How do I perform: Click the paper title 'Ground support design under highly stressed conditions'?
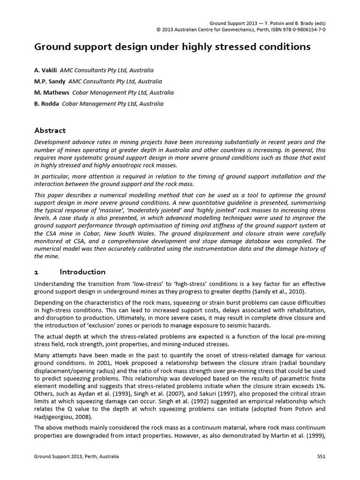point(172,47)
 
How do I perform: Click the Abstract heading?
point(50,130)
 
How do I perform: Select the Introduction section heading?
point(82,272)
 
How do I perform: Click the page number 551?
point(321,457)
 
